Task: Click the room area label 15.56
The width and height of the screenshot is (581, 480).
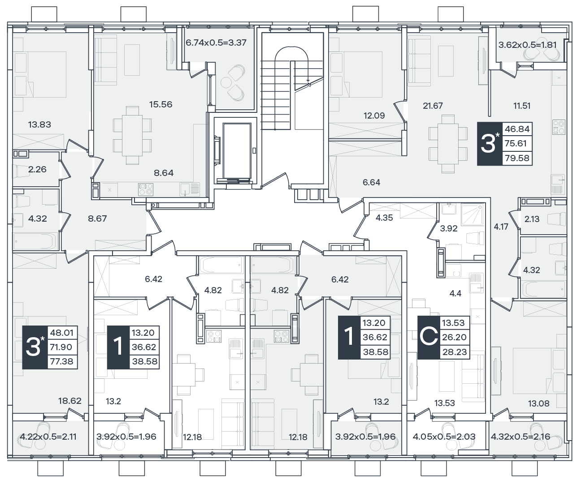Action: pyautogui.click(x=161, y=104)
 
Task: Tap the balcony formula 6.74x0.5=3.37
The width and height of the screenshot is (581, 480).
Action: pyautogui.click(x=216, y=43)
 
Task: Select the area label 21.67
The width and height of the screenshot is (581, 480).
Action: pyautogui.click(x=433, y=106)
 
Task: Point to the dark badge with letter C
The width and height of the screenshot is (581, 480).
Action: pyautogui.click(x=429, y=338)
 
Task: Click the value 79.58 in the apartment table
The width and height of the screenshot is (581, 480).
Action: pyautogui.click(x=517, y=158)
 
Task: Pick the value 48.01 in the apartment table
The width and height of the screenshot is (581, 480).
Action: pyautogui.click(x=61, y=333)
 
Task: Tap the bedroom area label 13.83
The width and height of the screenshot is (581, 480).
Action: pyautogui.click(x=39, y=124)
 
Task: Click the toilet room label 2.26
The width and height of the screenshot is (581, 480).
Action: pyautogui.click(x=37, y=169)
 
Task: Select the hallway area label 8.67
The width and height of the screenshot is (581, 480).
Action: pyautogui.click(x=97, y=219)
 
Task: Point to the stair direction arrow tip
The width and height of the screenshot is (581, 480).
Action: pyautogui.click(x=308, y=81)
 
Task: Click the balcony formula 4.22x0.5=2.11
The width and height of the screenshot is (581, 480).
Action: pyautogui.click(x=48, y=437)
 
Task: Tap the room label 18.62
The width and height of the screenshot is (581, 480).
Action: pyautogui.click(x=70, y=401)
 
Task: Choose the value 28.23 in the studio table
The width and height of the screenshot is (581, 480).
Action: pyautogui.click(x=455, y=352)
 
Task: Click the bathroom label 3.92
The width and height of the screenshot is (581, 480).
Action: pyautogui.click(x=449, y=228)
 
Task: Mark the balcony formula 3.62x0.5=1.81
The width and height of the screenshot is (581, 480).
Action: pyautogui.click(x=528, y=45)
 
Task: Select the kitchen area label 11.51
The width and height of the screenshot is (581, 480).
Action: pyautogui.click(x=522, y=106)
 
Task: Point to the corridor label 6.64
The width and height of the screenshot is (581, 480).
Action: pyautogui.click(x=372, y=182)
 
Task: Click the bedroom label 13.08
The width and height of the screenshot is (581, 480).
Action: pyautogui.click(x=539, y=403)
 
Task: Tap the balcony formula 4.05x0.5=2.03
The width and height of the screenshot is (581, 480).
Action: pyautogui.click(x=444, y=437)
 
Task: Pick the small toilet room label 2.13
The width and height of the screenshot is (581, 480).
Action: pyautogui.click(x=532, y=219)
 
